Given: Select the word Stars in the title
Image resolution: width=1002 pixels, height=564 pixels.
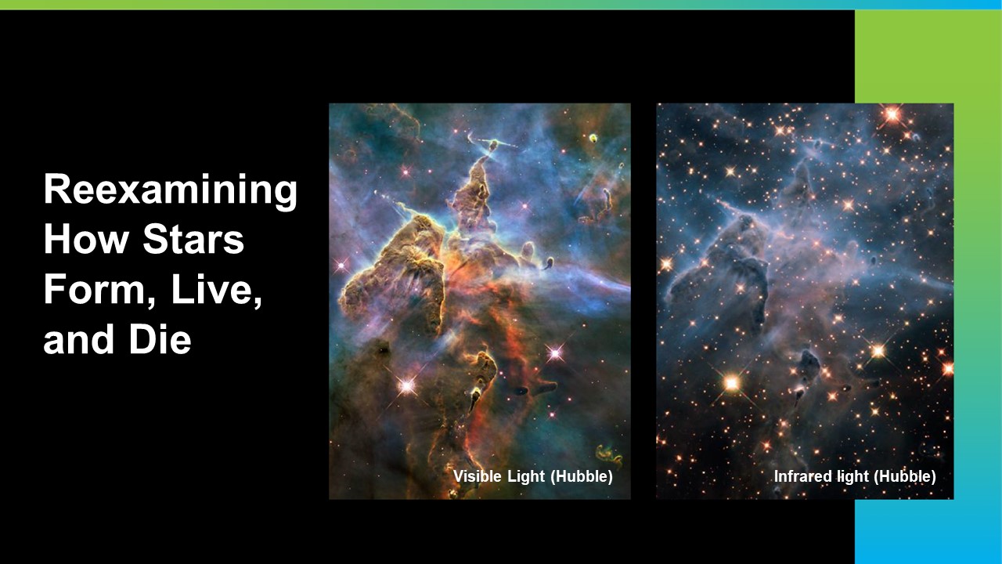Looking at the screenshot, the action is pyautogui.click(x=193, y=240).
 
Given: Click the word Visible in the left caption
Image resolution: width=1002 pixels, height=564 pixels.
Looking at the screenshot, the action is pyautogui.click(x=478, y=475).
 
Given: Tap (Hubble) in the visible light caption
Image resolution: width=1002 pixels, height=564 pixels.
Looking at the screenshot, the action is pyautogui.click(x=581, y=476).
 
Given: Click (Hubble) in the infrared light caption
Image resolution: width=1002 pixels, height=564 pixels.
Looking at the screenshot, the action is pyautogui.click(x=904, y=476).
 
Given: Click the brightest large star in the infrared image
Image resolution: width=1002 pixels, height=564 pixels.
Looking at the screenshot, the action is pyautogui.click(x=732, y=383).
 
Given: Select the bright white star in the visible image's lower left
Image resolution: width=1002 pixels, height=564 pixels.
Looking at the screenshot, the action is pyautogui.click(x=407, y=385).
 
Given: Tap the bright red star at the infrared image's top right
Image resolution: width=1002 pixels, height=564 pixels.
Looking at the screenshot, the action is pyautogui.click(x=892, y=115).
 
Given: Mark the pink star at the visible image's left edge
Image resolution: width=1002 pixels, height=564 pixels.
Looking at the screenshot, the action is pyautogui.click(x=341, y=266).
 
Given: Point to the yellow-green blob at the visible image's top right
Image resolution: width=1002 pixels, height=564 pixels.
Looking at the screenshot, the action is pyautogui.click(x=593, y=138).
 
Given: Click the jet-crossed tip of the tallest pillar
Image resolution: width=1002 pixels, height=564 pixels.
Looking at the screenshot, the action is pyautogui.click(x=493, y=145).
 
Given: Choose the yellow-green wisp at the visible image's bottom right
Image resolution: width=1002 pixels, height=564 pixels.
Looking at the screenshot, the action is pyautogui.click(x=608, y=455).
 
